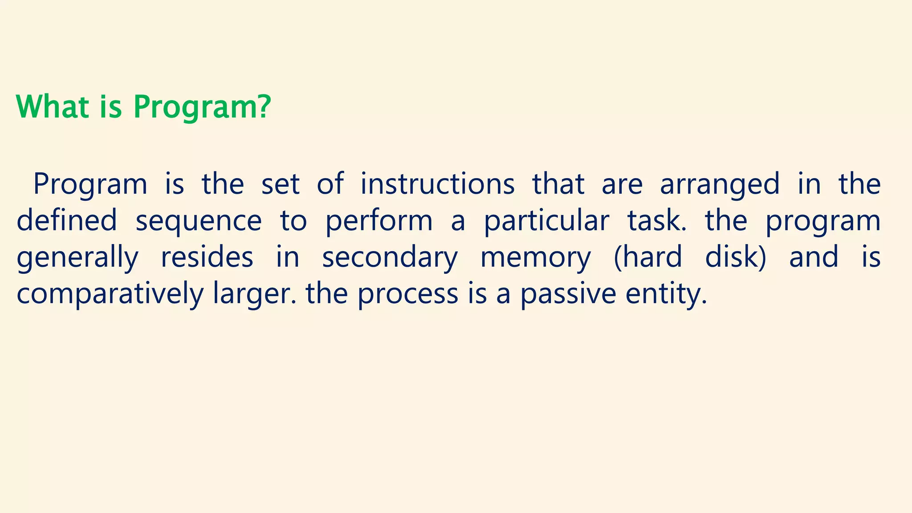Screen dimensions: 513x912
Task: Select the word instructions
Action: (x=437, y=183)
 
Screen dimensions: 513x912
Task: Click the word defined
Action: (x=67, y=220)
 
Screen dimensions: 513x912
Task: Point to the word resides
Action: (x=207, y=257)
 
